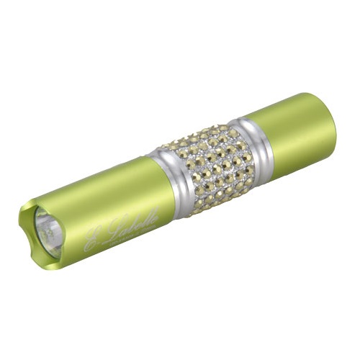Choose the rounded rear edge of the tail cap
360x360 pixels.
pyautogui.click(x=330, y=115)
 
